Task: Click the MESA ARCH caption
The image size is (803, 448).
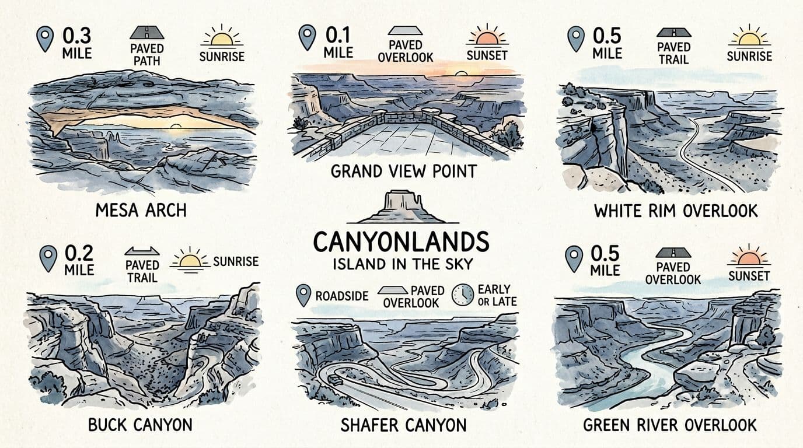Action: pyautogui.click(x=141, y=210)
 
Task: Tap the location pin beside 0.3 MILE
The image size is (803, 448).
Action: pyautogui.click(x=45, y=38)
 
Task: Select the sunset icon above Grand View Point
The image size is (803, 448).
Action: pyautogui.click(x=487, y=37)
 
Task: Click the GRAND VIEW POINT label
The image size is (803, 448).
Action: pyautogui.click(x=404, y=171)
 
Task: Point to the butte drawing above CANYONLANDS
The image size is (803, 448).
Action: pyautogui.click(x=401, y=207)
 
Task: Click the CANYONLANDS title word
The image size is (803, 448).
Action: pyautogui.click(x=401, y=242)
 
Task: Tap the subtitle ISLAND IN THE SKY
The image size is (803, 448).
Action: pyautogui.click(x=402, y=264)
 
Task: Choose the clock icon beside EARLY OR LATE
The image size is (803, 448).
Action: pyautogui.click(x=463, y=295)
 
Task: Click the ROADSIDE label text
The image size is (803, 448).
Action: pyautogui.click(x=341, y=296)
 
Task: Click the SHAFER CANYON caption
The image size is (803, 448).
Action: pyautogui.click(x=403, y=425)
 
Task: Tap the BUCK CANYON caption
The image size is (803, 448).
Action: pyautogui.click(x=140, y=425)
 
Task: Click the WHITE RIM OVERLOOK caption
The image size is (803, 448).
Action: pyautogui.click(x=676, y=211)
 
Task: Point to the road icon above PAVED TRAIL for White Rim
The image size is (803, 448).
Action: pyautogui.click(x=673, y=33)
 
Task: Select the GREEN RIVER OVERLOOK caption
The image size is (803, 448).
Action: pyautogui.click(x=670, y=425)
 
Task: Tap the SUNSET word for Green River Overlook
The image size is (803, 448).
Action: pyautogui.click(x=749, y=275)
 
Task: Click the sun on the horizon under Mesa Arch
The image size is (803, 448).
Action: pyautogui.click(x=175, y=126)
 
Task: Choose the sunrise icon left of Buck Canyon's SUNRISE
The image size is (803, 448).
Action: pyautogui.click(x=190, y=260)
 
